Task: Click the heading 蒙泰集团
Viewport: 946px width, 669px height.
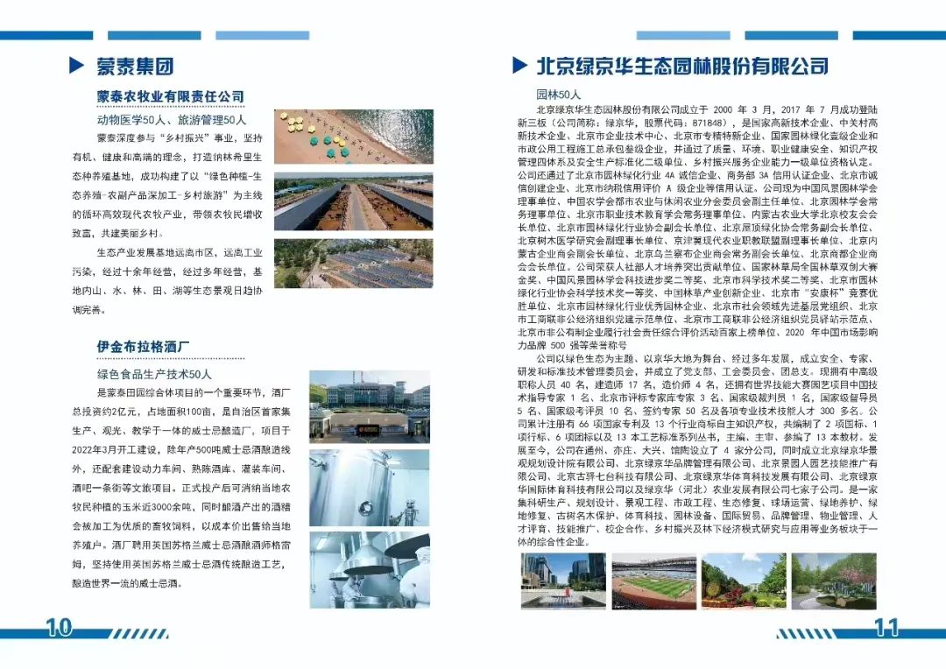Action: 134,66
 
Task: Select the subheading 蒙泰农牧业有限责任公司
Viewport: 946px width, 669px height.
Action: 170,96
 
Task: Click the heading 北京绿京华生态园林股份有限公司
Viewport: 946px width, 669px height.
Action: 682,66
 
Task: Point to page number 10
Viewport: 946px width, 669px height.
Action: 58,627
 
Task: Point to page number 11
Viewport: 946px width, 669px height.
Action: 886,627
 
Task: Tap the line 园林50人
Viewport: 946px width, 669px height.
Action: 559,94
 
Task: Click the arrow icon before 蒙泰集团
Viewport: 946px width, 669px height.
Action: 76,66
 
